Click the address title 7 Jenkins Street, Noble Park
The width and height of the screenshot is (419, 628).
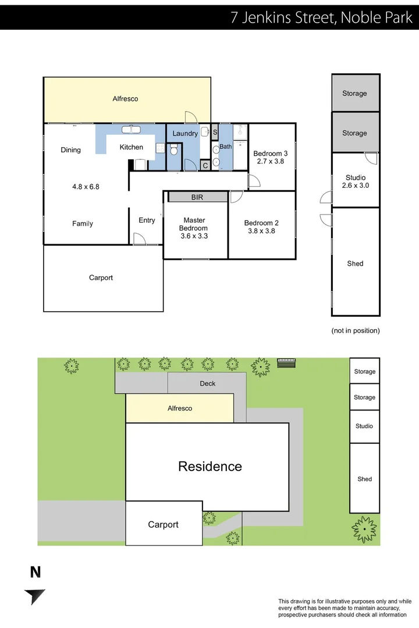click(x=321, y=17)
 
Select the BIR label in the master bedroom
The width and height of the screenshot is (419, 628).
click(x=197, y=198)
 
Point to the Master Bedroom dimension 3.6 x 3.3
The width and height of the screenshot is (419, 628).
click(x=194, y=237)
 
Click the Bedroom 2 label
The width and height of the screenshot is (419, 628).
click(x=261, y=223)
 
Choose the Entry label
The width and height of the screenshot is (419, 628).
click(x=147, y=220)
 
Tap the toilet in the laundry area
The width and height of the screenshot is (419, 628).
click(x=173, y=151)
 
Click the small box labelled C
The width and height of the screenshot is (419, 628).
click(x=205, y=166)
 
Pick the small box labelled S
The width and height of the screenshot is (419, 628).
click(x=215, y=133)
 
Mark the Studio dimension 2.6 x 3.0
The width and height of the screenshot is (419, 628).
click(x=356, y=186)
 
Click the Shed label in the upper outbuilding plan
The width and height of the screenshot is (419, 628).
click(x=355, y=263)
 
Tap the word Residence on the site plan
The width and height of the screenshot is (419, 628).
click(x=210, y=466)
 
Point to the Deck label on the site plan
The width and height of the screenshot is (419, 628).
click(x=208, y=383)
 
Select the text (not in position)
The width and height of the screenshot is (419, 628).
click(x=356, y=330)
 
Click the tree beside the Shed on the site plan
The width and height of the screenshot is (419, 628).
click(x=364, y=529)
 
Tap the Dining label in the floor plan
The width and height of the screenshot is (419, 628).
click(x=71, y=150)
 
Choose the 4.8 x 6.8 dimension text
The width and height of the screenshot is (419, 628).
click(x=86, y=187)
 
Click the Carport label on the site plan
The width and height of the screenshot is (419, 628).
click(x=163, y=524)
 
